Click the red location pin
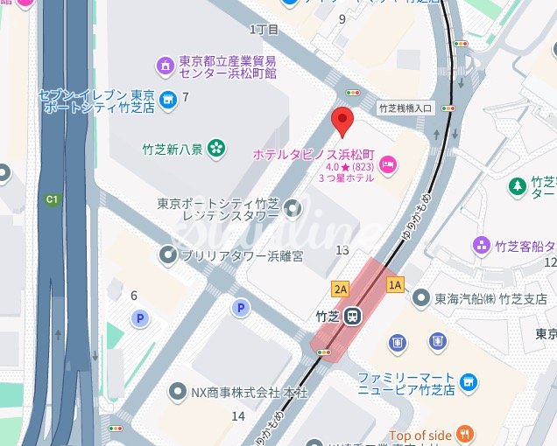pos(342,122)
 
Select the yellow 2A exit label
pos(341,288)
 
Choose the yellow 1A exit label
pos(395,284)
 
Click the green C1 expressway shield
pos(53,199)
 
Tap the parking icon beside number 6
pos(137,319)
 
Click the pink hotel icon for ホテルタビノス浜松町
pos(388,164)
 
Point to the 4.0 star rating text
pos(340,166)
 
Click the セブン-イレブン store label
pos(96,100)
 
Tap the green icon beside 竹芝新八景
pos(215,150)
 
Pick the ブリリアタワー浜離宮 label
pos(242,255)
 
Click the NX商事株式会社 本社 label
pos(250,393)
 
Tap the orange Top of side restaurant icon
pos(464,435)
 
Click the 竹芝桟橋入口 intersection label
pos(405,108)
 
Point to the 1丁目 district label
pos(264,29)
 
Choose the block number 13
pos(342,251)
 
